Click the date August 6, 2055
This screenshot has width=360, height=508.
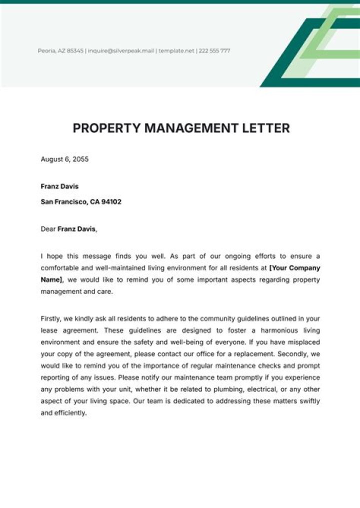point(64,159)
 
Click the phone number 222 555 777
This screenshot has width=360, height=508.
point(214,51)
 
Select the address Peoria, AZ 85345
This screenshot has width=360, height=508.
point(60,51)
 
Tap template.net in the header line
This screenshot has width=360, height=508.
point(176,51)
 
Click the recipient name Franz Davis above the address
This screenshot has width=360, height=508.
point(59,186)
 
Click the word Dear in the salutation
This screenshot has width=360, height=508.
point(48,229)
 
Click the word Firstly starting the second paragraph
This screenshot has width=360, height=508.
point(50,318)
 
